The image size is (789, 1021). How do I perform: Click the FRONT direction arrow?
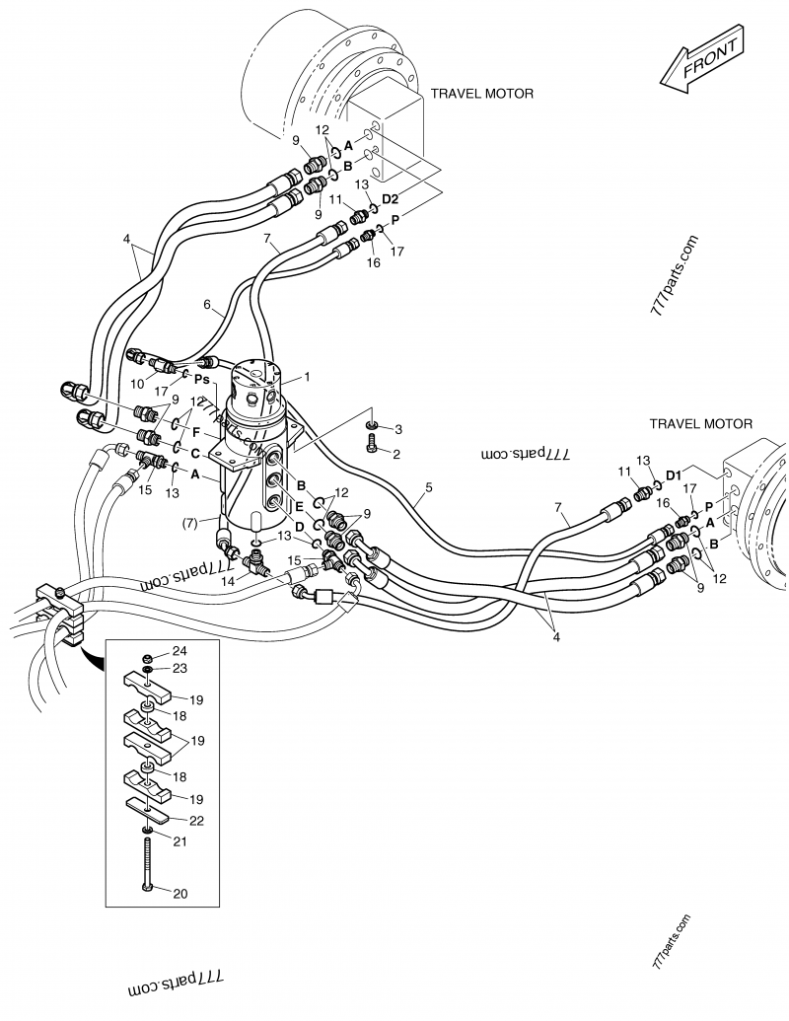click(701, 59)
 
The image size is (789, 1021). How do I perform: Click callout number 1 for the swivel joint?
click(308, 377)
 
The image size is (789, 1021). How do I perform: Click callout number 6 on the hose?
click(207, 304)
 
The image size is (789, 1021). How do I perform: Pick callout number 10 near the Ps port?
click(137, 384)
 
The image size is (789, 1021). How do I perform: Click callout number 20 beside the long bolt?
click(180, 894)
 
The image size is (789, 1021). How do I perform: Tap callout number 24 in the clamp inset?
click(179, 651)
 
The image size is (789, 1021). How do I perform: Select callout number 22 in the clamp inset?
click(196, 821)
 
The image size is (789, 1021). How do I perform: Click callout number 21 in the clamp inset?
click(179, 841)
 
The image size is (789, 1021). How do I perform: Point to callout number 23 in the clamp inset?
click(179, 668)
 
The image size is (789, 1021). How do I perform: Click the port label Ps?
click(202, 379)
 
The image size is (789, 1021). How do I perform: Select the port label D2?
click(390, 198)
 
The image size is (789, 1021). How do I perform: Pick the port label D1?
click(674, 474)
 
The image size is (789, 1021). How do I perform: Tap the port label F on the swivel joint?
click(195, 431)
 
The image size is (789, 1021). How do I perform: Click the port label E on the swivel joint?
click(299, 505)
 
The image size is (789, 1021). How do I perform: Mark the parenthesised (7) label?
click(188, 523)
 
